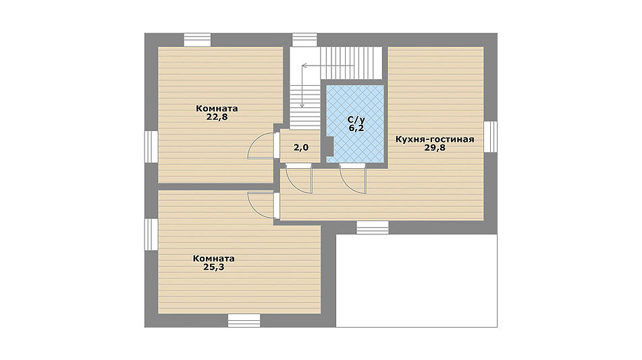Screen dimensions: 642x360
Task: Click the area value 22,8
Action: click(x=217, y=117)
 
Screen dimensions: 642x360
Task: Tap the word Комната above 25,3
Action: click(x=214, y=259)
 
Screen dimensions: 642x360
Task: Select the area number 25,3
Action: click(x=214, y=267)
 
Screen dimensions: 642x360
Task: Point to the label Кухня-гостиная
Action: click(x=435, y=139)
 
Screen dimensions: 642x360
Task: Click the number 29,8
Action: click(x=435, y=148)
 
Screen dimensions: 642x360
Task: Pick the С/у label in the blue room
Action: click(x=356, y=120)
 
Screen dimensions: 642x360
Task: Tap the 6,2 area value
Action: click(x=356, y=128)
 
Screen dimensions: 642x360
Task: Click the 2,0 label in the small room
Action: click(x=301, y=147)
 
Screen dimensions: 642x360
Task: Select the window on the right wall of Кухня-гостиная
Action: click(x=491, y=137)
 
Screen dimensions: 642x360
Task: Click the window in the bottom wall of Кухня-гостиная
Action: click(x=372, y=228)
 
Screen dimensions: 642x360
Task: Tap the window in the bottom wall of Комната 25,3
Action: click(x=244, y=320)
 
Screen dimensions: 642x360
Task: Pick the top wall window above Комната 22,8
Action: click(x=197, y=40)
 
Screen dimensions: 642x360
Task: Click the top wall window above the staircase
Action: click(x=304, y=40)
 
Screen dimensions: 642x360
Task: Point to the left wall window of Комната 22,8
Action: click(x=151, y=147)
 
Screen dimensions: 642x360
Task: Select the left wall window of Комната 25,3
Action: click(x=151, y=234)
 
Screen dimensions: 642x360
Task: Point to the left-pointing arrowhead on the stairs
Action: click(x=304, y=65)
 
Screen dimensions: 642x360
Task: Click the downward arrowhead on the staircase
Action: click(x=302, y=105)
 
